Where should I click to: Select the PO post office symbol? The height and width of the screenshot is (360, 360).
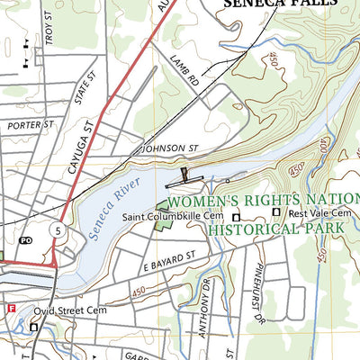point(25,241)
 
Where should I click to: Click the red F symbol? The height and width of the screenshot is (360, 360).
point(12,308)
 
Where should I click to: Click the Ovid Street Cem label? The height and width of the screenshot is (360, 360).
point(66,314)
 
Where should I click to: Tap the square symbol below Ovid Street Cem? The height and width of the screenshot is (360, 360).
point(34,327)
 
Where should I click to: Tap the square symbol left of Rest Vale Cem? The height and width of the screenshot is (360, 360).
point(277,213)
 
